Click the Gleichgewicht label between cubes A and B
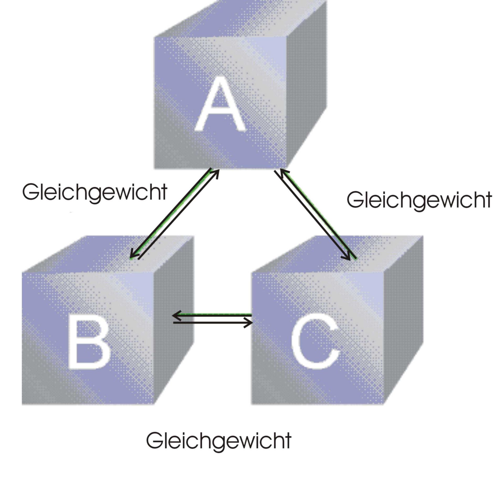(x=94, y=192)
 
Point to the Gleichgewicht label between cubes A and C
(x=419, y=200)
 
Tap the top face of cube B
(x=108, y=253)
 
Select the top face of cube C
(x=339, y=253)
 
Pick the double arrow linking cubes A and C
(x=315, y=214)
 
